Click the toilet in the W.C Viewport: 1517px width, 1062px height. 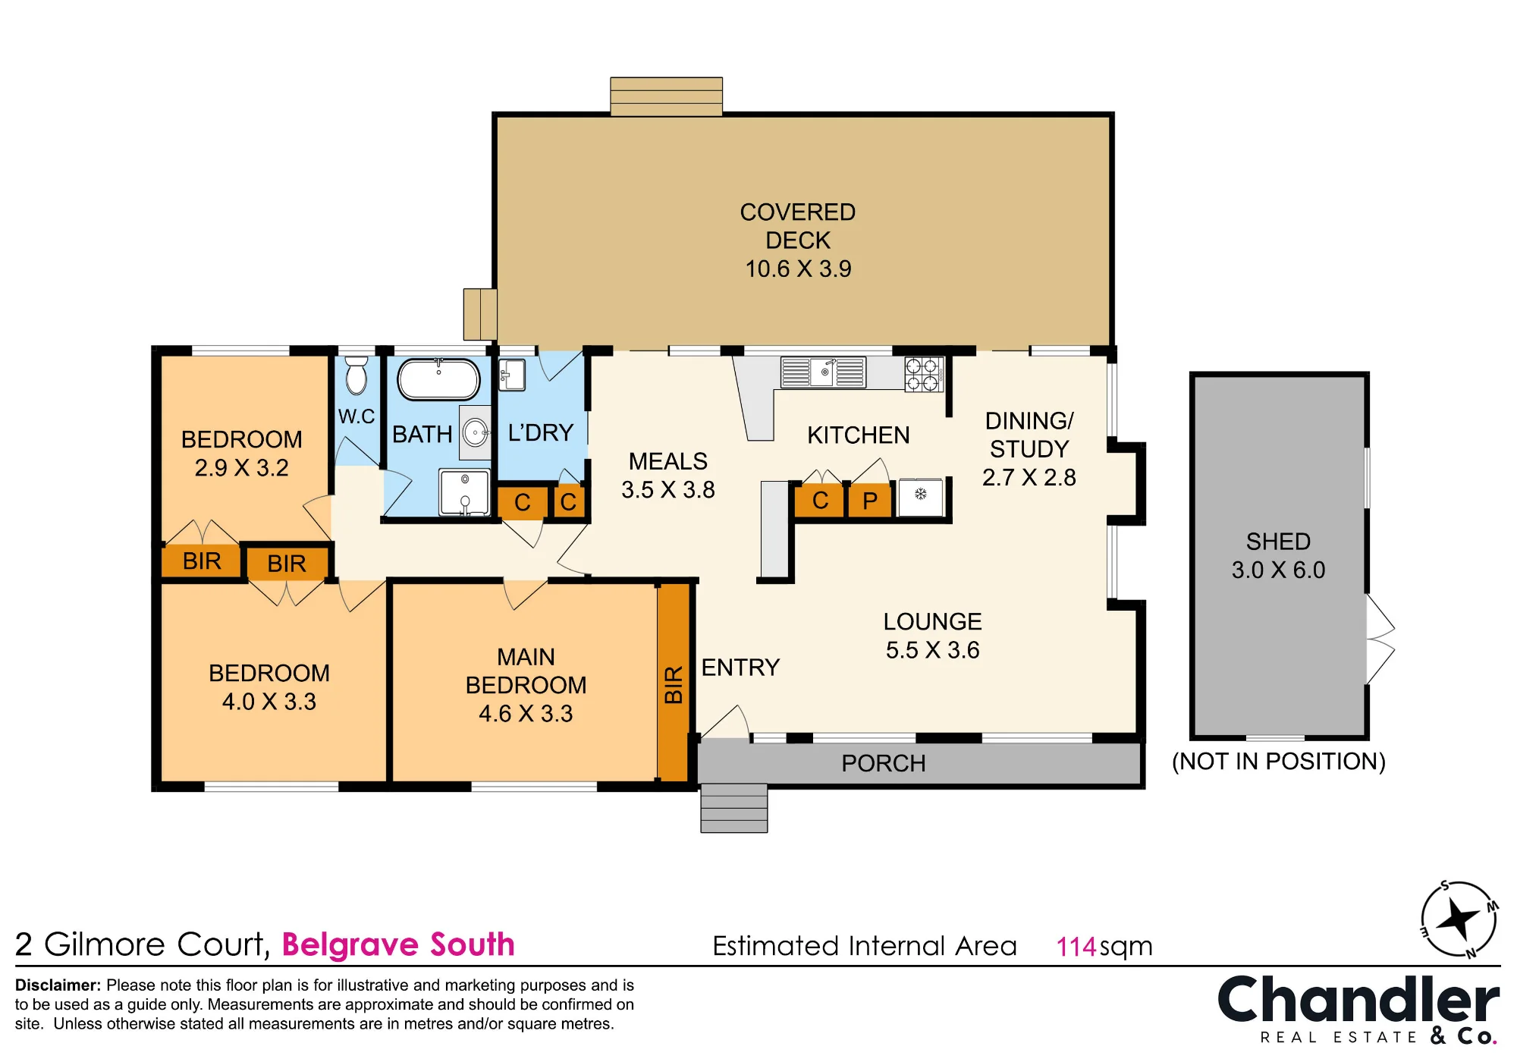pyautogui.click(x=356, y=375)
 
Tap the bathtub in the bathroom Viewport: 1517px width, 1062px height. pyautogui.click(x=438, y=379)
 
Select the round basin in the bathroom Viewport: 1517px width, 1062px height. pyautogui.click(x=476, y=433)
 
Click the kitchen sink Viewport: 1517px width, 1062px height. pyautogui.click(x=824, y=372)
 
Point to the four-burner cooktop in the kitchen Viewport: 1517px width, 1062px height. pyautogui.click(x=923, y=374)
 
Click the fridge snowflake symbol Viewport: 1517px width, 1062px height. pyautogui.click(x=921, y=495)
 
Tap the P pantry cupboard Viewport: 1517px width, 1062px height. pyautogui.click(x=870, y=501)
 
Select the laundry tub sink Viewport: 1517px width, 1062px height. pyautogui.click(x=512, y=375)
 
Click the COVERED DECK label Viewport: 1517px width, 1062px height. pyautogui.click(x=798, y=226)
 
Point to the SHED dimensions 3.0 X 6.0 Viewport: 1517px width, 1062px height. pyautogui.click(x=1278, y=570)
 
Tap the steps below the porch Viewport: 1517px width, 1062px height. pyautogui.click(x=733, y=808)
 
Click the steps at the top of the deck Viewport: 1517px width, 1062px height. pyautogui.click(x=666, y=96)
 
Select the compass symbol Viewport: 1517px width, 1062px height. pyautogui.click(x=1459, y=919)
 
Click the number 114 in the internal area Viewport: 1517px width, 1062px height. pyautogui.click(x=1076, y=947)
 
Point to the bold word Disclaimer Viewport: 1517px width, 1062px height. pyautogui.click(x=58, y=985)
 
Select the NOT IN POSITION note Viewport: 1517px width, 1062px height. pyautogui.click(x=1279, y=762)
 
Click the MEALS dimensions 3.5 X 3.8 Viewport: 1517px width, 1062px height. pyautogui.click(x=668, y=490)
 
